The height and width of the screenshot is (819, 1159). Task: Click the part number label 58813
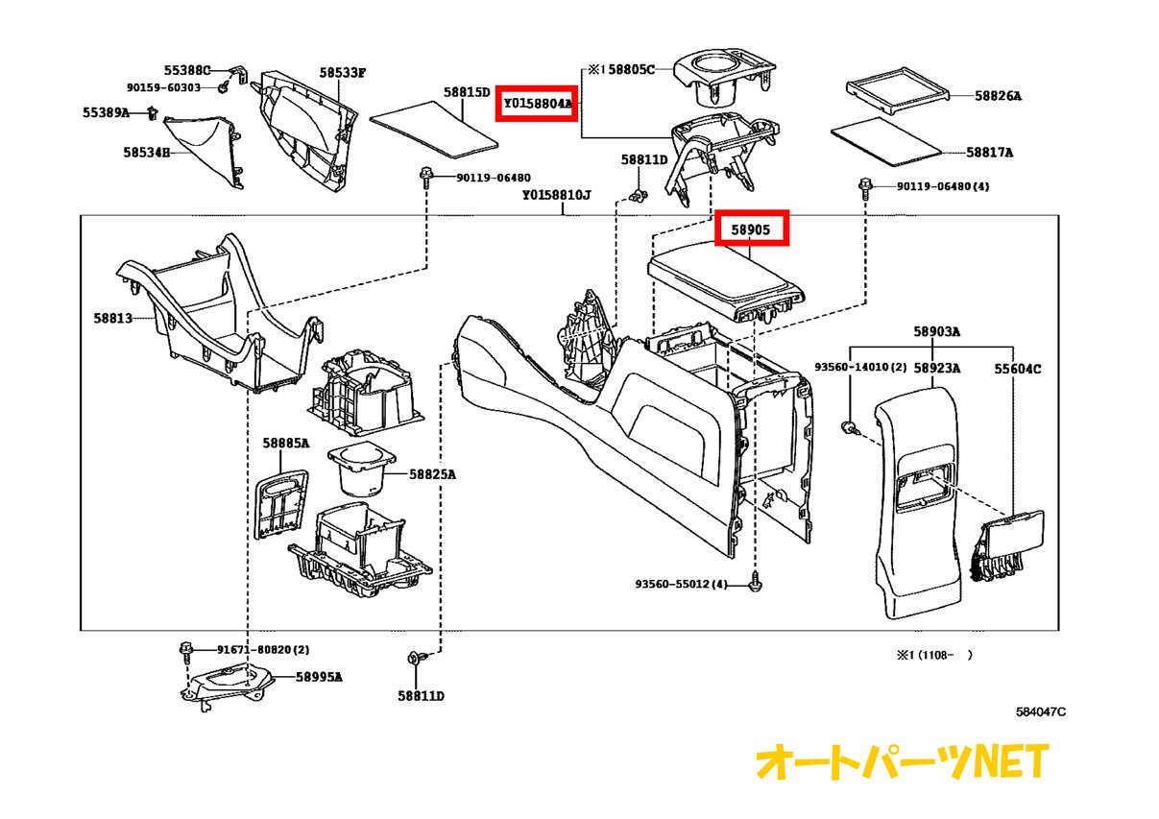coord(113,317)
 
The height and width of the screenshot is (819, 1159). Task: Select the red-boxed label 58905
coord(754,230)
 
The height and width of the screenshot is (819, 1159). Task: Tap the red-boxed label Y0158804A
coord(537,102)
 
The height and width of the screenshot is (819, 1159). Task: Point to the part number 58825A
coord(432,474)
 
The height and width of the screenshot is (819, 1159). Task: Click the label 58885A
coord(286,443)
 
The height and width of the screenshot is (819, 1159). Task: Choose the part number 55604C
coord(1017,368)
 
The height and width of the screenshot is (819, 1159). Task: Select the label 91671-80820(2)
coord(249,650)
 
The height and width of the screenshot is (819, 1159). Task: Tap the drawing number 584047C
coord(1041,711)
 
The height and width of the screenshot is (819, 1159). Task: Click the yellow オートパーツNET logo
coord(902,762)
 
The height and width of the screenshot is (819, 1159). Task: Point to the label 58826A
coord(998,96)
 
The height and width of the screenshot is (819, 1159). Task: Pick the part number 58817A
coord(989,152)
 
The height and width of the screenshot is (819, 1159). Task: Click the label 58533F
coord(343,72)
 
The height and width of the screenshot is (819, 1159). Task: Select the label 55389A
coord(106,112)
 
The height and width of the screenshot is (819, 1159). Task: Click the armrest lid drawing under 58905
coord(726,277)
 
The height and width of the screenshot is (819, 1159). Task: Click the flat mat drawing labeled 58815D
coord(435,130)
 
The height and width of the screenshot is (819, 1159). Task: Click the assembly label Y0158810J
coord(556,195)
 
